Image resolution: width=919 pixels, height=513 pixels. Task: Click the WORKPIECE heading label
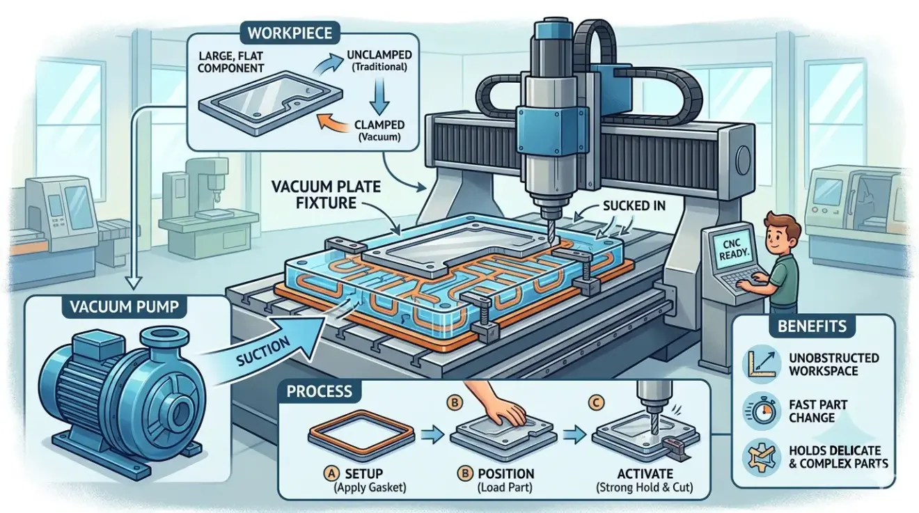(290, 33)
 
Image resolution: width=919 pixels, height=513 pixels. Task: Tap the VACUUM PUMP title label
(125, 307)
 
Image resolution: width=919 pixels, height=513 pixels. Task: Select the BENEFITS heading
(812, 326)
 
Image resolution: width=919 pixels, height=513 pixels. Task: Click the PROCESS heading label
(319, 391)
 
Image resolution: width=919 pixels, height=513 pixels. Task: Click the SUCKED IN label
(634, 205)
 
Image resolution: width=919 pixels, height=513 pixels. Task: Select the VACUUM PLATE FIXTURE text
(327, 195)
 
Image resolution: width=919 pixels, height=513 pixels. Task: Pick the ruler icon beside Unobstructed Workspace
(762, 364)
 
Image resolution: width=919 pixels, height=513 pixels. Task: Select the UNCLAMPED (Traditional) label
(379, 61)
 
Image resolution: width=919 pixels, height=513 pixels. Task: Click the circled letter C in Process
(596, 403)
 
